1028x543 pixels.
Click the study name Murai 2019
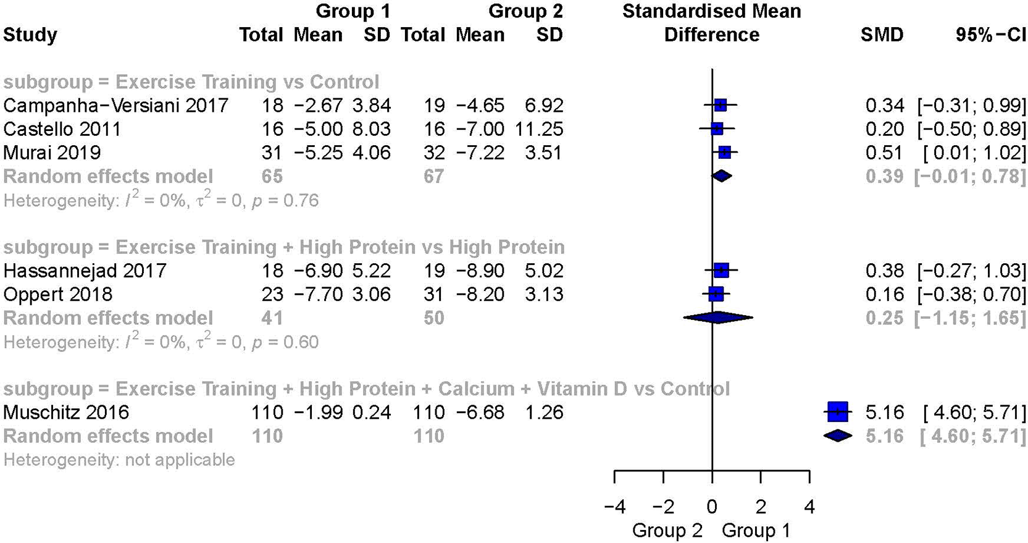click(52, 153)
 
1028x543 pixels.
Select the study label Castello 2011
click(62, 129)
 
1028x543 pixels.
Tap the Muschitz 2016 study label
click(66, 412)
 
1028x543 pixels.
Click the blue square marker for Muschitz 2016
click(837, 411)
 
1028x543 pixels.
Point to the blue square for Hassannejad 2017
click(721, 270)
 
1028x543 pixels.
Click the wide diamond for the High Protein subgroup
click(717, 318)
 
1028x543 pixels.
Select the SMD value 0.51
click(884, 153)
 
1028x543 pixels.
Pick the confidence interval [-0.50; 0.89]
click(971, 129)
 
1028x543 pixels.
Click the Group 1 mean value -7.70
click(318, 294)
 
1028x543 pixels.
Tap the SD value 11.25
click(538, 129)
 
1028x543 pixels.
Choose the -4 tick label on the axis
click(614, 507)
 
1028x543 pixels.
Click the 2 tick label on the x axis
click(761, 507)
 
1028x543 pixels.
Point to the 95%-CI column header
click(990, 35)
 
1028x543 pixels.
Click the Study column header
click(30, 35)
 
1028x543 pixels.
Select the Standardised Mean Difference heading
click(711, 23)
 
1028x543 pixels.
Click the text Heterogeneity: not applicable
click(119, 460)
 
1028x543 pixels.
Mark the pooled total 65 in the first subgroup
click(272, 176)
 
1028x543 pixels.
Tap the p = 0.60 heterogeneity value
click(285, 342)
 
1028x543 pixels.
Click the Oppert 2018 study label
click(57, 294)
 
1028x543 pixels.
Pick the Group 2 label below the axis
click(667, 531)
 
